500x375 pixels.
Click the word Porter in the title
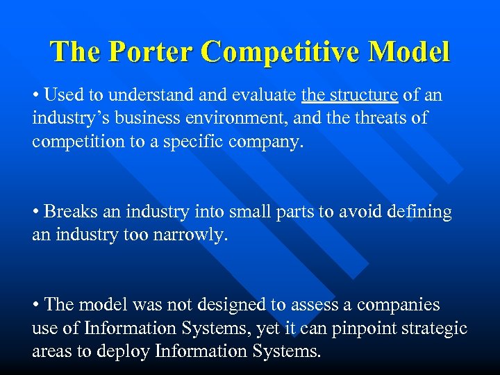147,52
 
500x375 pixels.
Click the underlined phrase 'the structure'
349,95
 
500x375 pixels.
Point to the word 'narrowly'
192,235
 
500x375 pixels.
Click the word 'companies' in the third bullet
404,305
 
